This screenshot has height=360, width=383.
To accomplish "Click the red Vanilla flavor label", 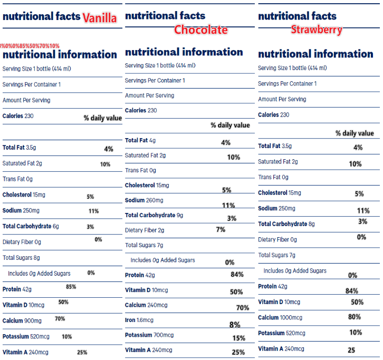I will pos(99,18).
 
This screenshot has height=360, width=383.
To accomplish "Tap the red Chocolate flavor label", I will pos(201,30).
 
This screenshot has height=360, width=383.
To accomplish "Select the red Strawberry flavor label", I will pos(317,30).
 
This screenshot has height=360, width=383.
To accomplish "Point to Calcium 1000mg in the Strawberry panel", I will pos(280,317).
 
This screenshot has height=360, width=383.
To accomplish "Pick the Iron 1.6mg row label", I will pos(139,320).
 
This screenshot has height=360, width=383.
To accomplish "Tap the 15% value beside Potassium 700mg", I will pos(238,338).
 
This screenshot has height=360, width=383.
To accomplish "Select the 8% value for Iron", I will pos(235,325).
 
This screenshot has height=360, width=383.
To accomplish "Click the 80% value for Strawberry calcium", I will pos(355,317).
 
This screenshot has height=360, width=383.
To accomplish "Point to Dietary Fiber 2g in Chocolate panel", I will pos(145,230).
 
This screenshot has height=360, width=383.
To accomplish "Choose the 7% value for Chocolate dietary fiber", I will pos(221,229).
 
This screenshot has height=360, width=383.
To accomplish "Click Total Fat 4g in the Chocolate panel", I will pos(140,140).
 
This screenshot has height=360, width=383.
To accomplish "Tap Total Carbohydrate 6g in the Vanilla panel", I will pos(31,226).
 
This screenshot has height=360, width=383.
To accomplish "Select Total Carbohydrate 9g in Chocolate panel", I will pos(154,215).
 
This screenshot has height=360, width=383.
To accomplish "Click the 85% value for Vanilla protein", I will pos(71,287).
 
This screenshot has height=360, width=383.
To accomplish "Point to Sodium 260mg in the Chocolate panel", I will pos(144,200).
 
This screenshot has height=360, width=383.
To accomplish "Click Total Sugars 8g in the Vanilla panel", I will pos(21,258).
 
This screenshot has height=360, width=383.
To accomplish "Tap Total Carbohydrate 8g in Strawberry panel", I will pos(286,224).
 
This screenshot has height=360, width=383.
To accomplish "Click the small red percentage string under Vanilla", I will pos(30,46).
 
